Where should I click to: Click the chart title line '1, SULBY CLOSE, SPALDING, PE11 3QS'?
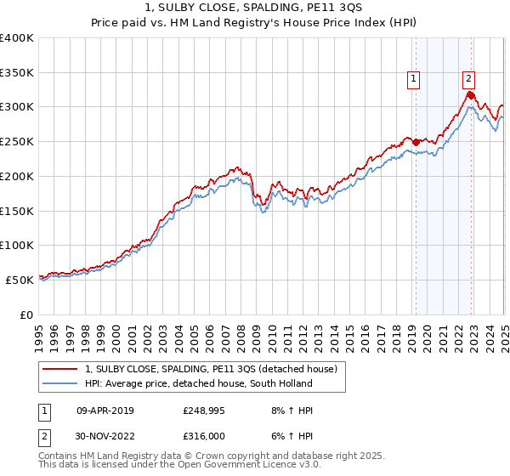(x=254, y=8)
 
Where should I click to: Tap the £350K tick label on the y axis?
(x=16, y=72)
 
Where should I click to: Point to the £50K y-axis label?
(x=20, y=279)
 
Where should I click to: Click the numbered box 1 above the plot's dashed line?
(x=413, y=79)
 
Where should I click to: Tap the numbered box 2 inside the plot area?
(x=468, y=79)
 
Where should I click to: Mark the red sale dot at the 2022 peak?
(x=471, y=96)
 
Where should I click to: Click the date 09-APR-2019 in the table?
(x=105, y=411)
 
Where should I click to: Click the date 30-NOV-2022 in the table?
(x=105, y=438)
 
